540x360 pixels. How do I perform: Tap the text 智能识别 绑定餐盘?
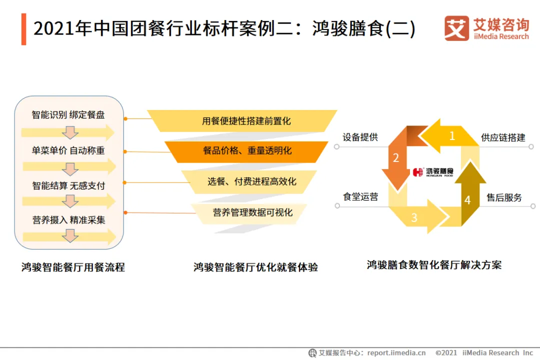pyautogui.click(x=68, y=115)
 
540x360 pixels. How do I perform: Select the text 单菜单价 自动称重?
pyautogui.click(x=68, y=150)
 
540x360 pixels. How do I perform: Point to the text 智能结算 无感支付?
pyautogui.click(x=68, y=185)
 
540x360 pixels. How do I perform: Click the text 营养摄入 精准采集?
pyautogui.click(x=68, y=220)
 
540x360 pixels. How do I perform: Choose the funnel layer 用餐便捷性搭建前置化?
pyautogui.click(x=246, y=121)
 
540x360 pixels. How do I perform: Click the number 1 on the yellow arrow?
pyautogui.click(x=452, y=135)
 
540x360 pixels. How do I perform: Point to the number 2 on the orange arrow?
pyautogui.click(x=396, y=158)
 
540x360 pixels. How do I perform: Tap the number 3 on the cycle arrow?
pyautogui.click(x=414, y=217)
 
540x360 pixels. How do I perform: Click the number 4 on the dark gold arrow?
pyautogui.click(x=467, y=200)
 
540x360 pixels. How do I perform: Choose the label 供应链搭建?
pyautogui.click(x=503, y=137)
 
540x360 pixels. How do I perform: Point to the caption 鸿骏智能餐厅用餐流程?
pyautogui.click(x=73, y=267)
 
